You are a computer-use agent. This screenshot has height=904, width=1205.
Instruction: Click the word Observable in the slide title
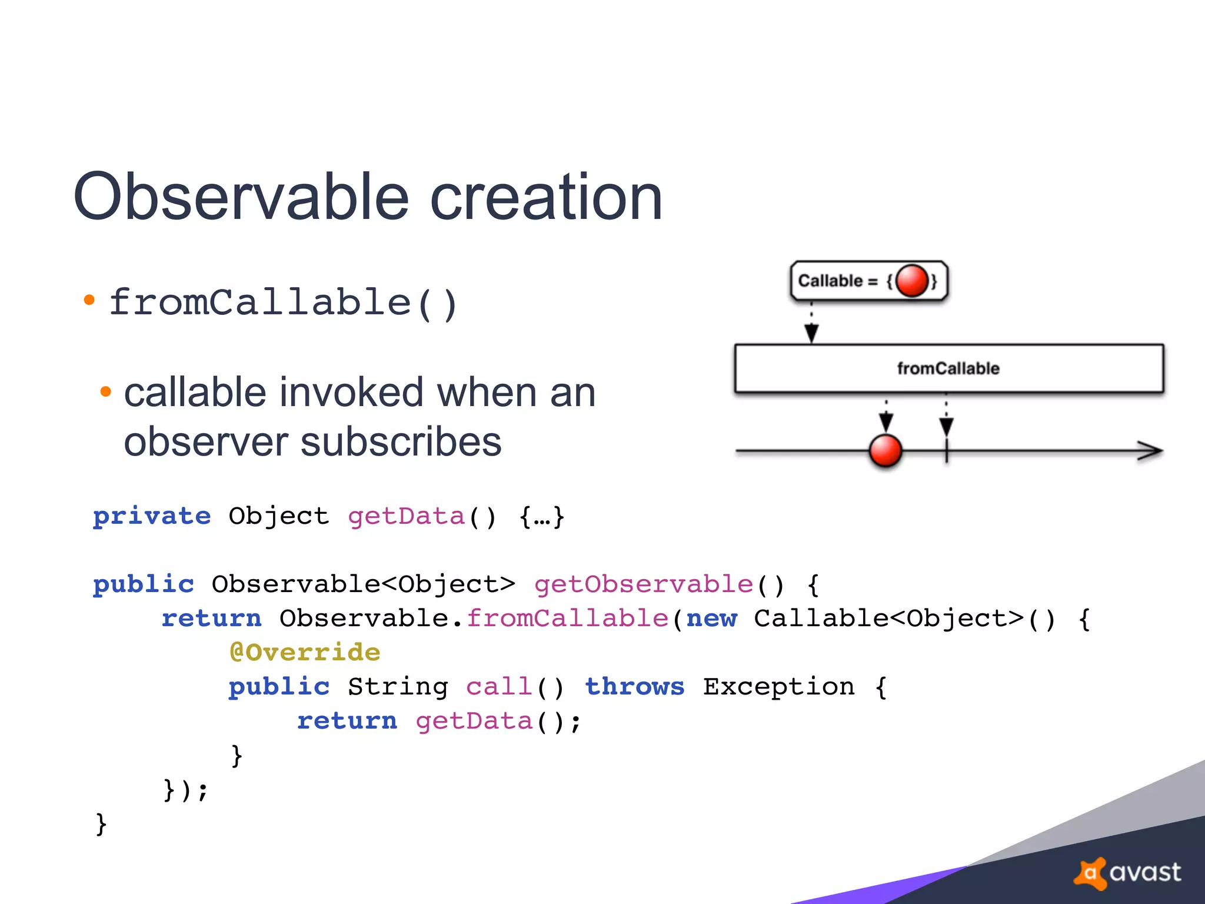[x=241, y=197]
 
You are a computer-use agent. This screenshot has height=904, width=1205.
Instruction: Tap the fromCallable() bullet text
[x=283, y=303]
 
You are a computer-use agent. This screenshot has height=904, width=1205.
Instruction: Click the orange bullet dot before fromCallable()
[x=89, y=301]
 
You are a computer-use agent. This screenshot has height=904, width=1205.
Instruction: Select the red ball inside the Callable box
[x=912, y=281]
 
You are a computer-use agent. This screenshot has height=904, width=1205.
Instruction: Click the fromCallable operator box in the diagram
[x=948, y=368]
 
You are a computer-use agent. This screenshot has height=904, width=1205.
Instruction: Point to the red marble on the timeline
[x=886, y=451]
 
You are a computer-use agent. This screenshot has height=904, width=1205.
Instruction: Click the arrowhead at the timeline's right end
[x=1150, y=451]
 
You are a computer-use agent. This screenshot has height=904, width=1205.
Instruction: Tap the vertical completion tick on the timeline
[x=947, y=451]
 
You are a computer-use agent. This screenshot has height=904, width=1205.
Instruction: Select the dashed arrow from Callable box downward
[x=812, y=324]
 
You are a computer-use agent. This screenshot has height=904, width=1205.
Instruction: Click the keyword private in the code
[x=152, y=516]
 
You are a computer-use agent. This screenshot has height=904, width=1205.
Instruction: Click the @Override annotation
[x=305, y=653]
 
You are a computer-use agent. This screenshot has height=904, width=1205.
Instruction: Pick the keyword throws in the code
[x=635, y=687]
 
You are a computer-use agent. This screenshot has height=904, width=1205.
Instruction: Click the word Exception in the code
[x=779, y=687]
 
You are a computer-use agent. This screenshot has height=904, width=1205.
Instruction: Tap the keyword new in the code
[x=711, y=619]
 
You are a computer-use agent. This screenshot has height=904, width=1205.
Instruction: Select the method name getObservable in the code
[x=644, y=584]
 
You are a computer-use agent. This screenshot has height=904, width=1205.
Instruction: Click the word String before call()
[x=398, y=687]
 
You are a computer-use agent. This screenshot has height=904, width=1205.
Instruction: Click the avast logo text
[x=1144, y=872]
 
